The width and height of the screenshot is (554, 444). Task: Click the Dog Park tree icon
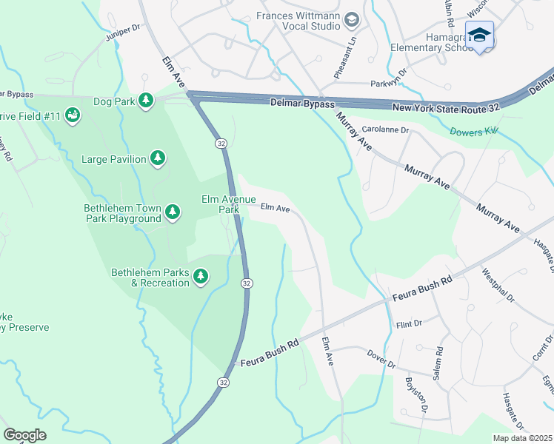147,100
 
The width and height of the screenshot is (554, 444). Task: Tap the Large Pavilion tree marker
158,157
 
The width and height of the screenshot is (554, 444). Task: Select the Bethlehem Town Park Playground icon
173,213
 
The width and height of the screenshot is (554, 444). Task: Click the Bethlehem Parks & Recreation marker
200,277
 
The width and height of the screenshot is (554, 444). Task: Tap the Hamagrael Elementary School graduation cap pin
479,36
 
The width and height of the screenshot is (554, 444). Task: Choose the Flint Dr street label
408,323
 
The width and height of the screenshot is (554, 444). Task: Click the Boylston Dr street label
415,394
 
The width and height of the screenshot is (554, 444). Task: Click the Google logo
25,434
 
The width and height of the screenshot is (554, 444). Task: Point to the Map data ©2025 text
523,438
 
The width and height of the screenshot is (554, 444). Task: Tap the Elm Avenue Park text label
229,204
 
